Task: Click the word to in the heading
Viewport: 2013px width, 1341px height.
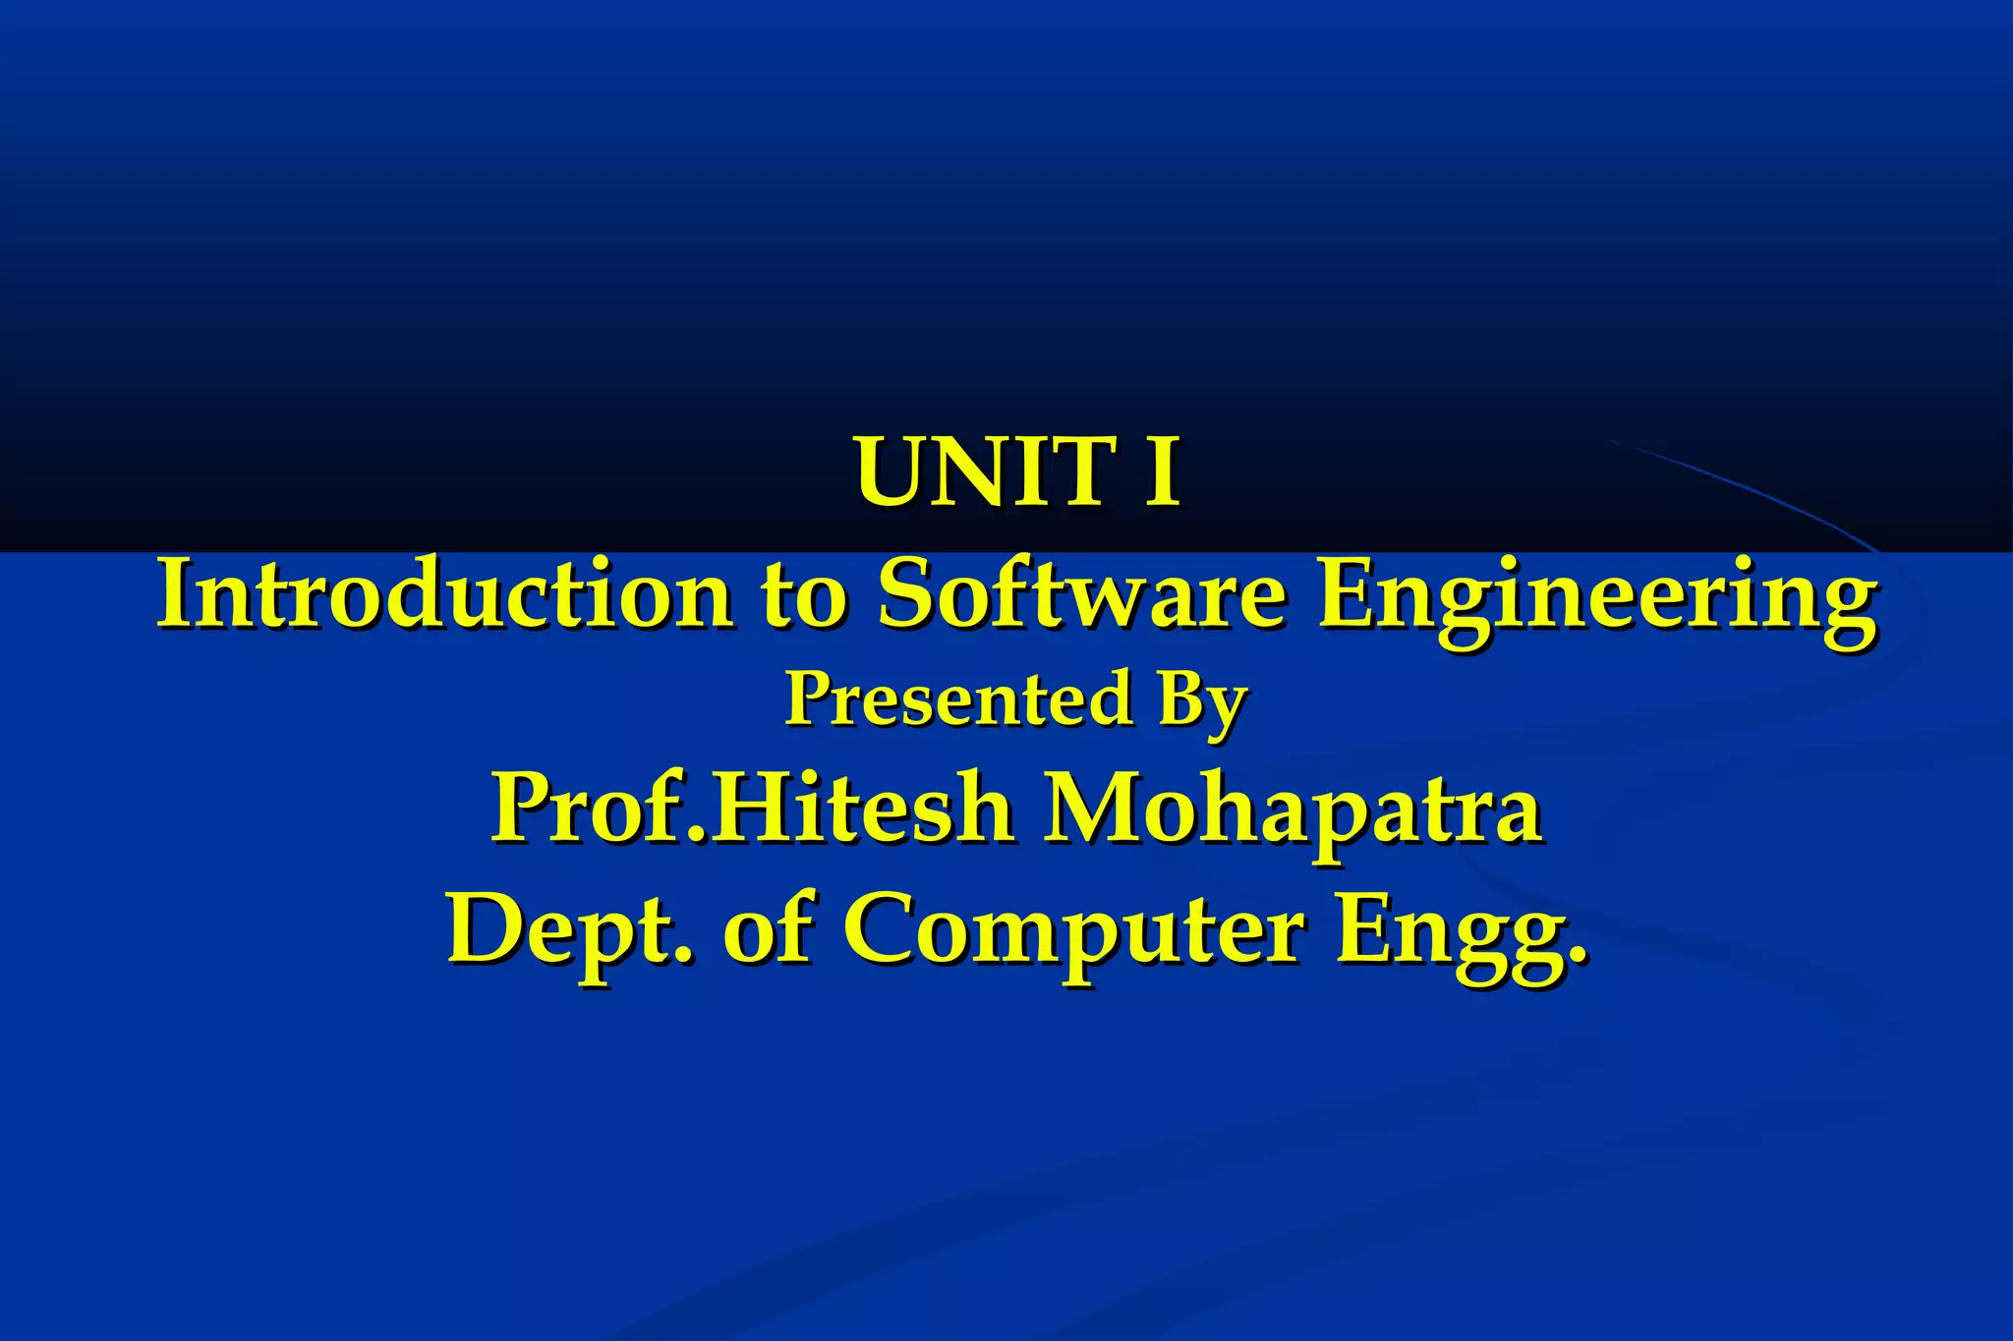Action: [x=803, y=597]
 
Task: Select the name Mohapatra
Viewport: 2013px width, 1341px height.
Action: [x=1293, y=810]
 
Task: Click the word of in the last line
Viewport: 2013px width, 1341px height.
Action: [x=768, y=929]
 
